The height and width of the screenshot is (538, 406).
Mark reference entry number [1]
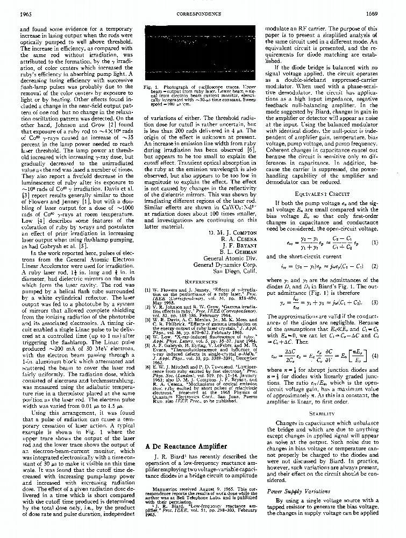[x=148, y=290]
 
